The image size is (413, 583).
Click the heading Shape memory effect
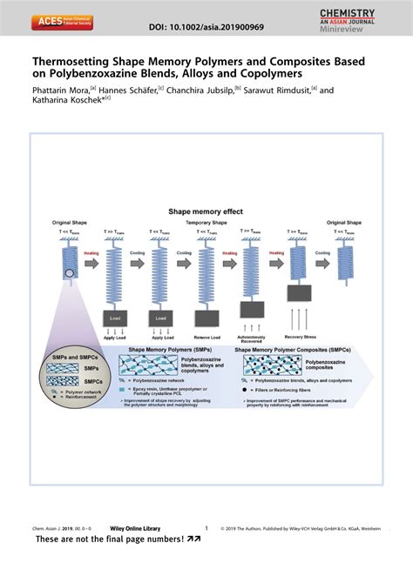pyautogui.click(x=206, y=211)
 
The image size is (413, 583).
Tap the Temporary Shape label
pyautogui.click(x=206, y=223)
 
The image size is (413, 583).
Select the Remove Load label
pyautogui.click(x=206, y=335)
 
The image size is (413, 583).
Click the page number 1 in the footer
pyautogui.click(x=206, y=527)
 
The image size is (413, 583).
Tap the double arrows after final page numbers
pyautogui.click(x=193, y=539)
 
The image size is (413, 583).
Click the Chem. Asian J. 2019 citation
pyautogui.click(x=59, y=528)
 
